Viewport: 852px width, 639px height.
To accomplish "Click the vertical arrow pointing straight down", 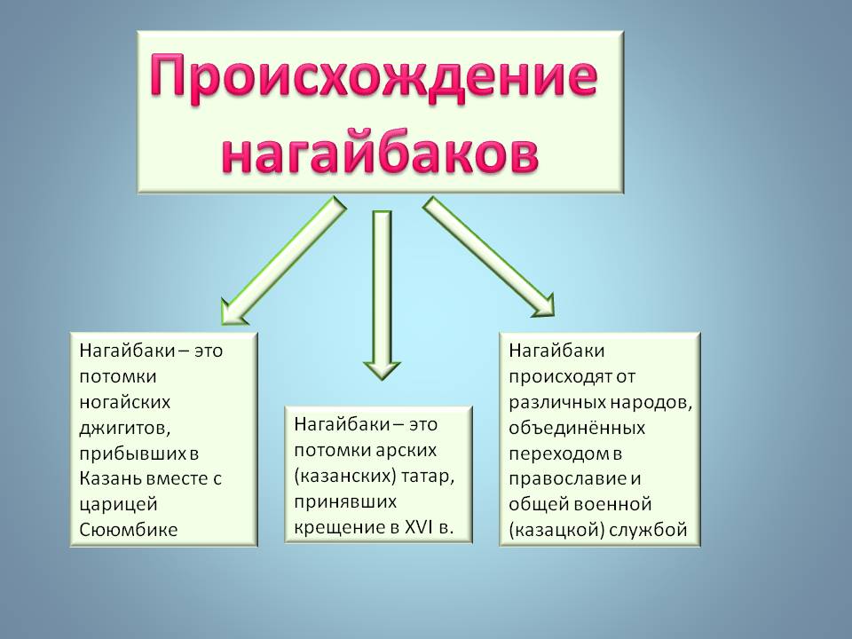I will coord(383,293).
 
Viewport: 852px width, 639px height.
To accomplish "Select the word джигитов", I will coord(124,427).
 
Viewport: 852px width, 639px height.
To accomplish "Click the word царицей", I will coord(118,504).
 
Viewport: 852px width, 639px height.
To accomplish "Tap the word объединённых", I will coord(577,428).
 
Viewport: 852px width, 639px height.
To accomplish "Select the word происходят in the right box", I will coord(558,375).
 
